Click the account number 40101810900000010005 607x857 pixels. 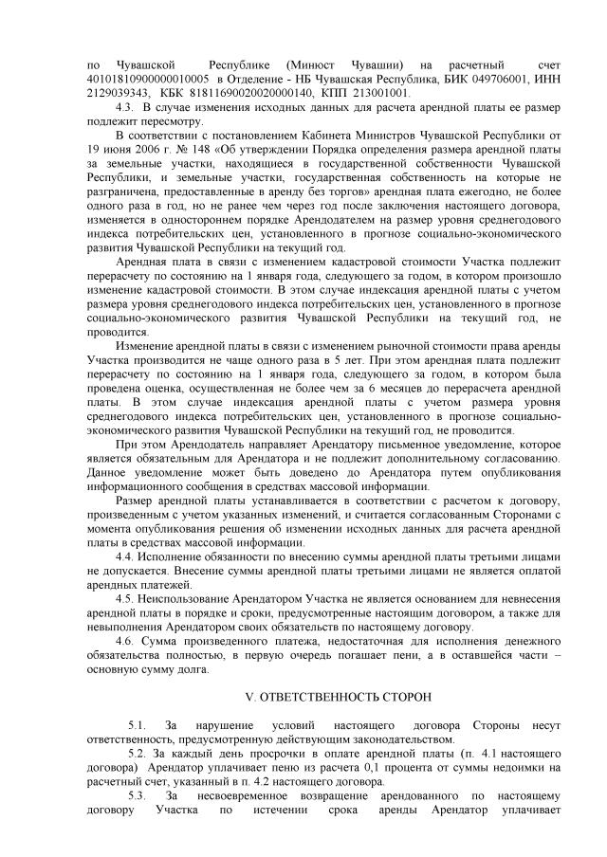141,79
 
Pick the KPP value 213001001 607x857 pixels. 379,93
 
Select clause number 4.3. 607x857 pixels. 124,108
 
